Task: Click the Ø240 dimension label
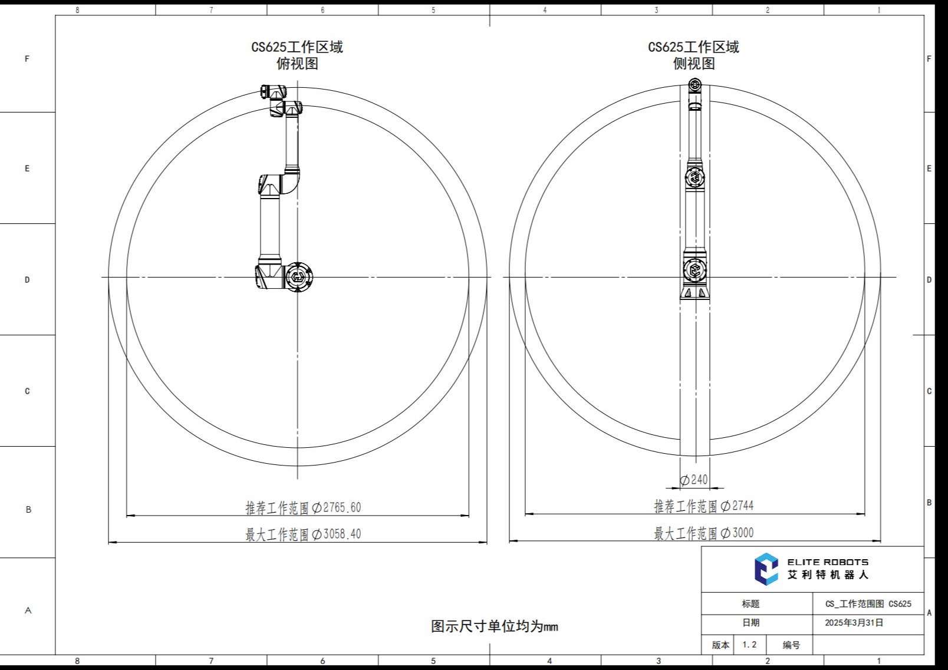[694, 480]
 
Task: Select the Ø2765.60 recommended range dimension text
[303, 507]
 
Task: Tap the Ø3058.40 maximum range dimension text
[303, 534]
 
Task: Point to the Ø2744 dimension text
[704, 506]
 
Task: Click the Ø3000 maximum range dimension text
[704, 533]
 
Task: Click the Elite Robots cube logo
[766, 569]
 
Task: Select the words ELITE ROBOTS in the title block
[828, 562]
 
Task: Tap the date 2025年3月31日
[854, 623]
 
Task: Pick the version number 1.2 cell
[749, 645]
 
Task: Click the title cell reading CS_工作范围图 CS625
[868, 603]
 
